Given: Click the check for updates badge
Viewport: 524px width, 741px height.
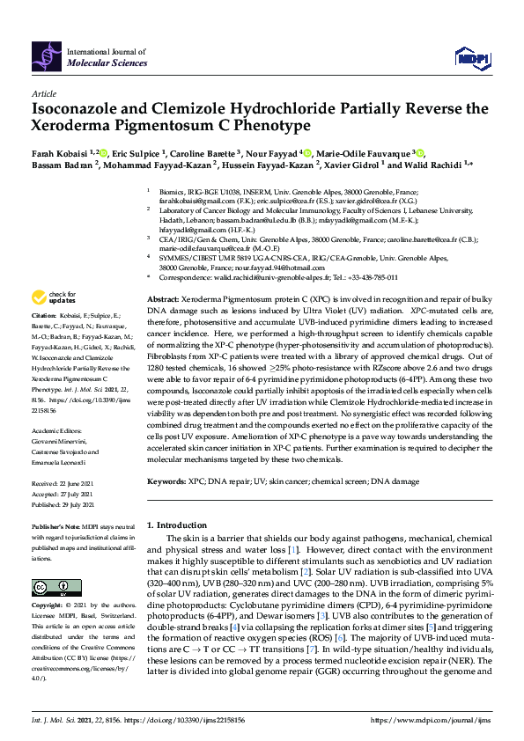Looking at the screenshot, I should click(x=53, y=297).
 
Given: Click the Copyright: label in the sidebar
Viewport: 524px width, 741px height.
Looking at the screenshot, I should click(x=48, y=606).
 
